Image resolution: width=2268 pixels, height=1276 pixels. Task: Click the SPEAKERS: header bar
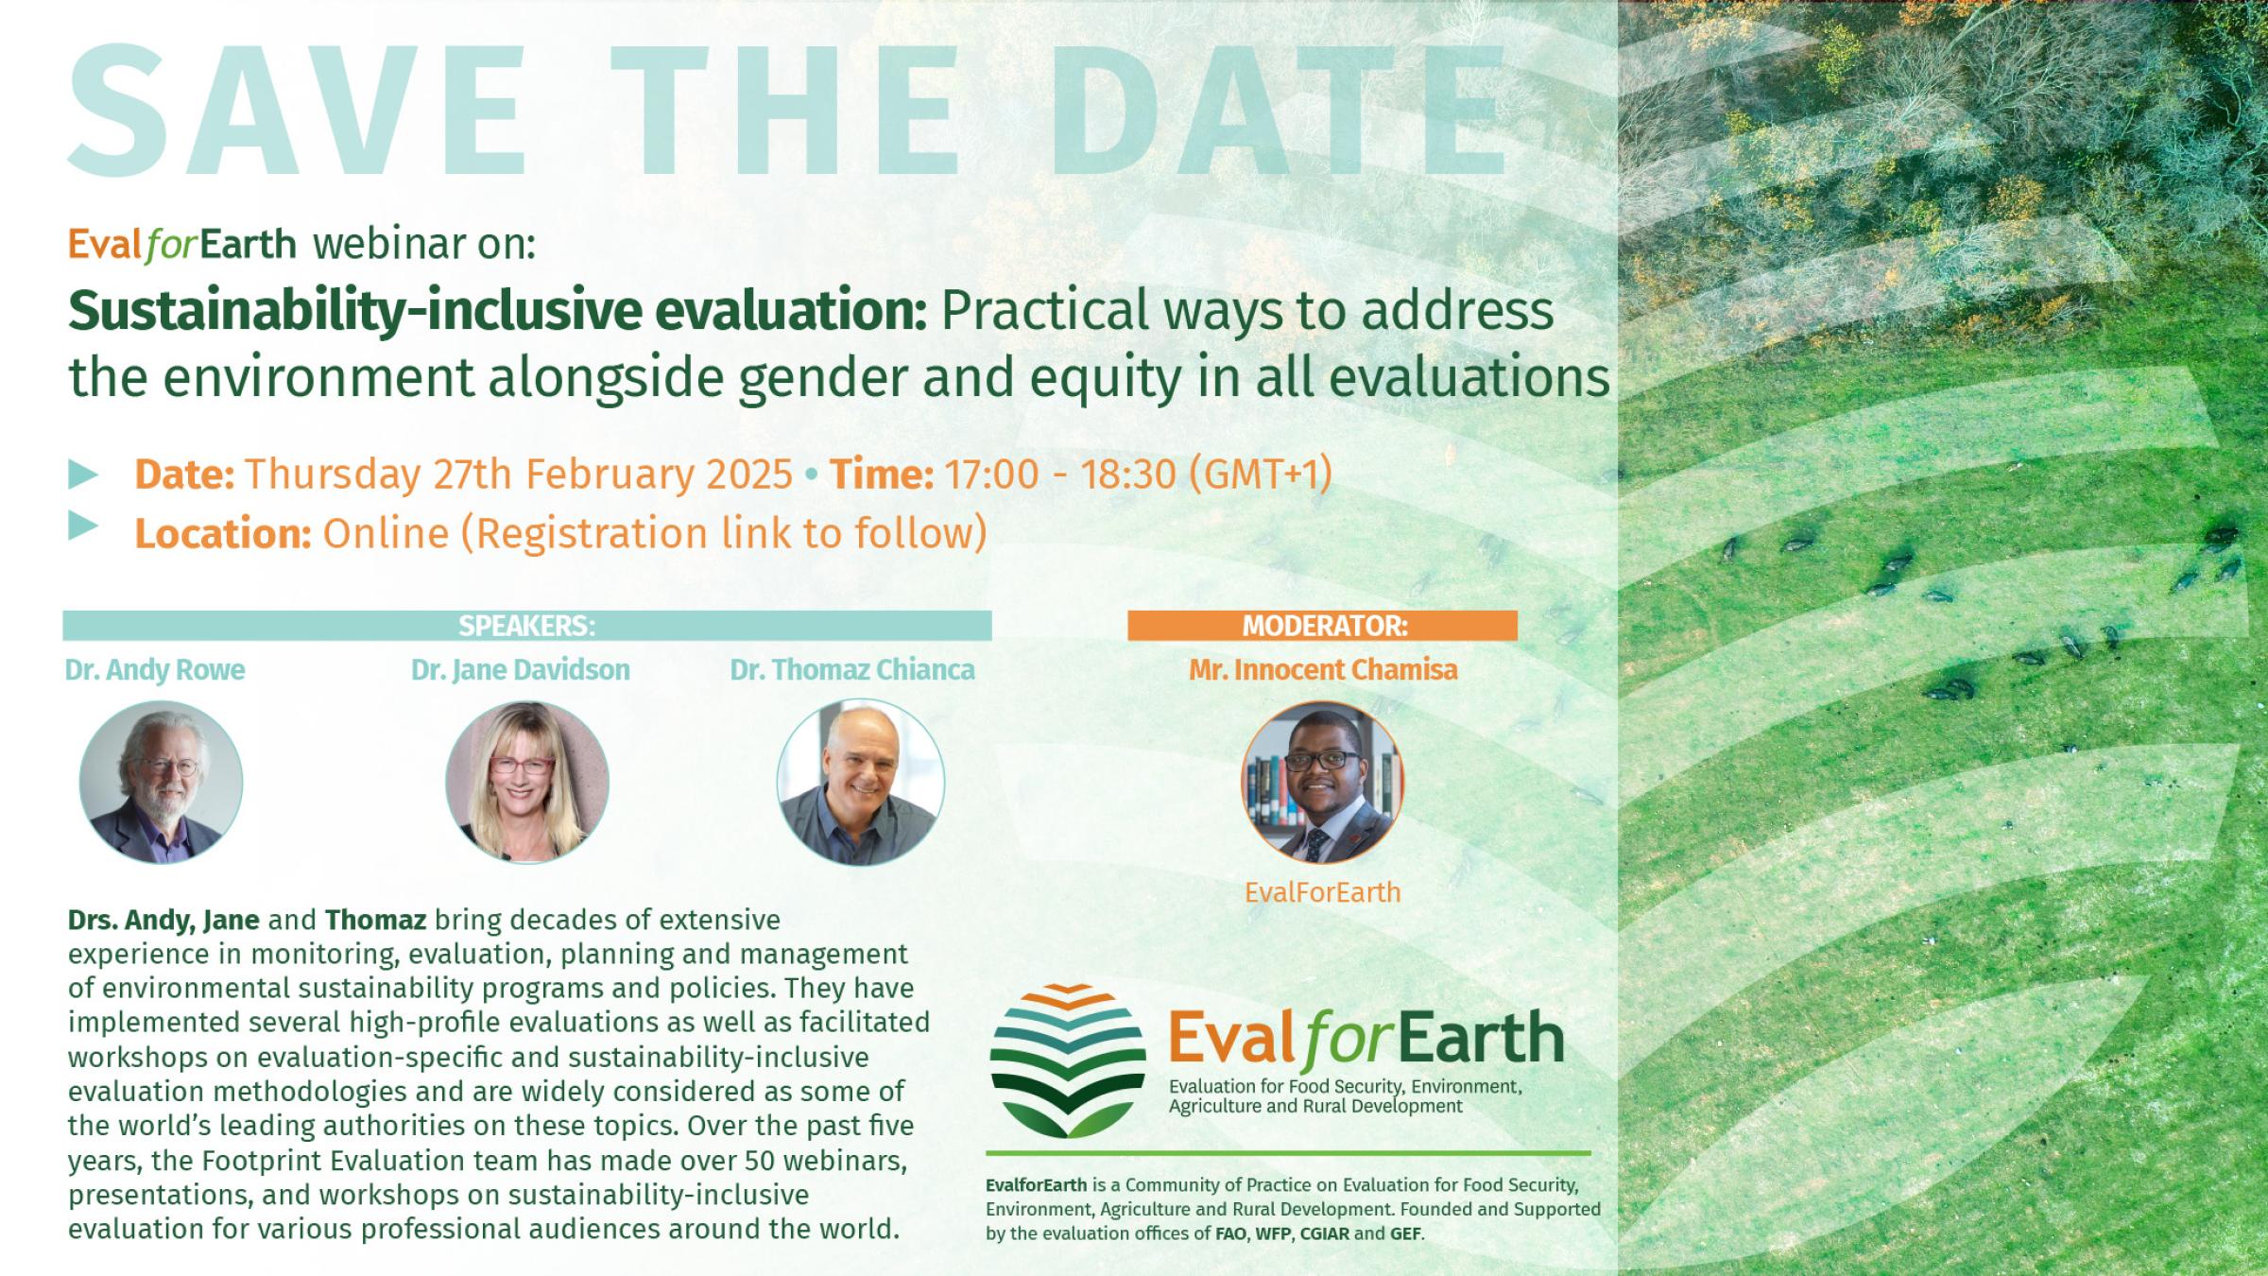tap(526, 626)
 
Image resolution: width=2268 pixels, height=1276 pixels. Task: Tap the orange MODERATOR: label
tap(1323, 626)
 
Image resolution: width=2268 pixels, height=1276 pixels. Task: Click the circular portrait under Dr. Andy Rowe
tap(161, 782)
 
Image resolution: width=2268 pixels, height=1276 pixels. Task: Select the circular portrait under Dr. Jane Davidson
tap(527, 782)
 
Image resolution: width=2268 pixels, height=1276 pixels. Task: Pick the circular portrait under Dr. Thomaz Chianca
tap(860, 782)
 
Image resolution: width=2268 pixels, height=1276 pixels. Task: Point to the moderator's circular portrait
tap(1322, 782)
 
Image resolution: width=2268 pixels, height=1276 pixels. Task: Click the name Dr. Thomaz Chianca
tap(851, 670)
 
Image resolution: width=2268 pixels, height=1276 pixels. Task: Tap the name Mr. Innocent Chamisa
tap(1323, 670)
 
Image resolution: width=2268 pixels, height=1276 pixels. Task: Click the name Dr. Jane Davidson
tap(520, 670)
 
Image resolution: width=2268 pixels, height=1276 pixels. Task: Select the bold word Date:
tap(184, 474)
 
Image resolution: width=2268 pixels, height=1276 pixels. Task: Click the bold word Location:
tap(223, 534)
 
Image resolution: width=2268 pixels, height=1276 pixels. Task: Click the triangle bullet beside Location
tap(84, 526)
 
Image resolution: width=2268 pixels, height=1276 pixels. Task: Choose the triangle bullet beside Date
tap(84, 474)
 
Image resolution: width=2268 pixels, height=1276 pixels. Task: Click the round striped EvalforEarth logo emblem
tap(1068, 1060)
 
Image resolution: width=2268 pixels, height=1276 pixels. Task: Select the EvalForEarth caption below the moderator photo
tap(1322, 892)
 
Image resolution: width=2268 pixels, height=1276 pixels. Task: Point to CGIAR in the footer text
tap(1325, 1233)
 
